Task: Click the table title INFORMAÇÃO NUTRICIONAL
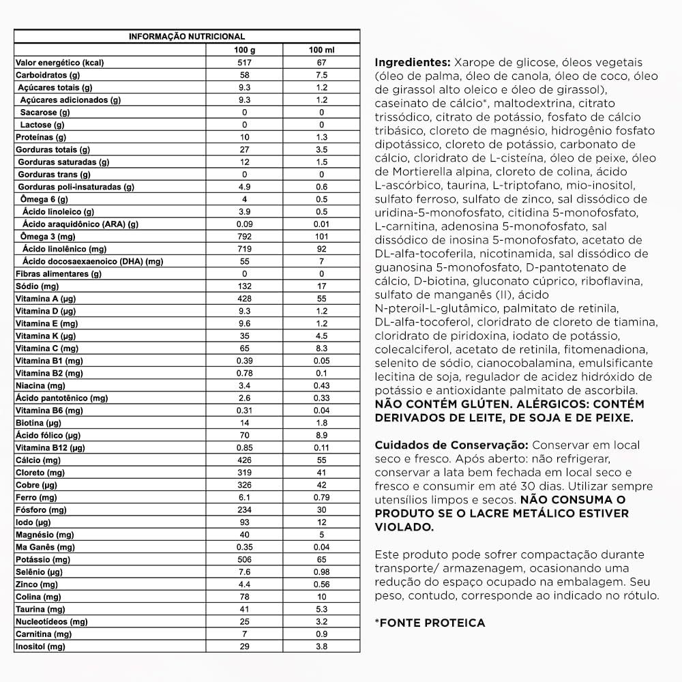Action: coord(187,37)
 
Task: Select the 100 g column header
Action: coord(243,50)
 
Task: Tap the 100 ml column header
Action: coord(322,50)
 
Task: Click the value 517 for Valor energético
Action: coord(243,62)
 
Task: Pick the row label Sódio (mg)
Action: coord(37,286)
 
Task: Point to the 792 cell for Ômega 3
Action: coord(243,237)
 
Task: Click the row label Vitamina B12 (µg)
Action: coord(50,448)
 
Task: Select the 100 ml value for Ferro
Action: coord(322,497)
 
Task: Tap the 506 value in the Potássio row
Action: coord(243,559)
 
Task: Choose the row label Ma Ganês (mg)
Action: coord(45,547)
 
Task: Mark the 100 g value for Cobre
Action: coord(243,485)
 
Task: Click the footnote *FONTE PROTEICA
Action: coord(430,623)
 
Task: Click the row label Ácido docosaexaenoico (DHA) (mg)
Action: coord(93,261)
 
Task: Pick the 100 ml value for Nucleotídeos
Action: coord(322,622)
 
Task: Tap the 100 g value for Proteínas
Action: coord(243,137)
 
